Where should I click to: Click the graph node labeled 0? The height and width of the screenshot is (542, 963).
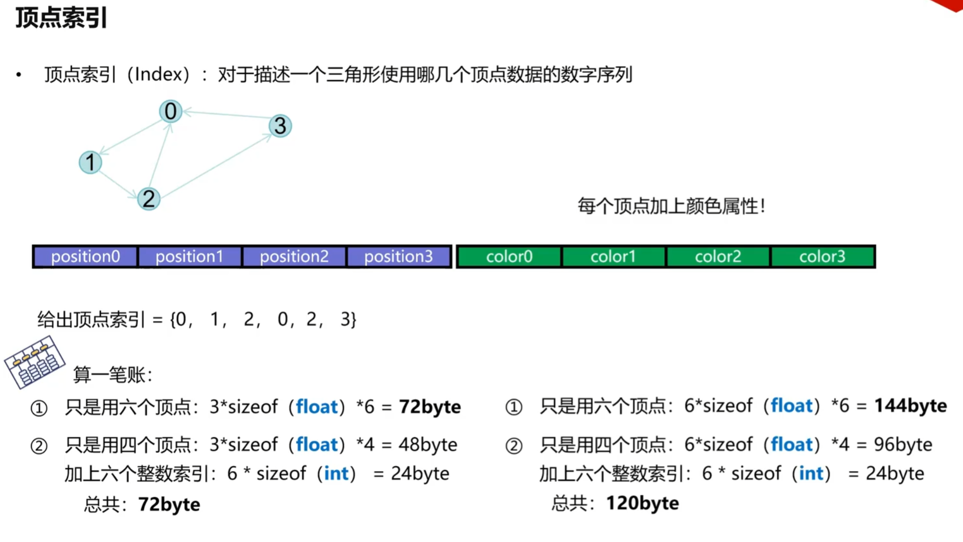[x=171, y=112]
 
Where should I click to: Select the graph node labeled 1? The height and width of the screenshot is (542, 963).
[x=90, y=163]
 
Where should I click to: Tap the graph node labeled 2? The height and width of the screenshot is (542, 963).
[x=149, y=199]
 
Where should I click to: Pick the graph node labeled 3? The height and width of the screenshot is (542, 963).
[x=280, y=126]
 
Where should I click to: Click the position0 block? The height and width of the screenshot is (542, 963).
[x=85, y=257]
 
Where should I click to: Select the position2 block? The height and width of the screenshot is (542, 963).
[x=294, y=257]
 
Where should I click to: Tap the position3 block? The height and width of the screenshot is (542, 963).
[x=399, y=257]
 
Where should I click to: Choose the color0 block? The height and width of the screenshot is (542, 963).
[x=509, y=257]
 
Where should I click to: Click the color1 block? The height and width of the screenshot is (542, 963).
[x=613, y=257]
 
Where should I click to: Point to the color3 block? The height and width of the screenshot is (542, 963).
[x=822, y=257]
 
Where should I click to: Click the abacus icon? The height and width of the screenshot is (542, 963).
[x=34, y=362]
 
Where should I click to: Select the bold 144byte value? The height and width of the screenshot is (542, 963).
[x=910, y=406]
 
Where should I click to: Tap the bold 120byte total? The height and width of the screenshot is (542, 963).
[x=642, y=503]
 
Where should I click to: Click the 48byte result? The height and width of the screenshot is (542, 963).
[x=427, y=445]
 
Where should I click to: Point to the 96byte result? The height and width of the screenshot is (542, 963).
[x=903, y=445]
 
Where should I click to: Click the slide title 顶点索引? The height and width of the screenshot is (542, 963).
[x=61, y=18]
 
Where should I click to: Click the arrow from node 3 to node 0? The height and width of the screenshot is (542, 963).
[x=226, y=114]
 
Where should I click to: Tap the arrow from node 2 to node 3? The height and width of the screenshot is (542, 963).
[x=216, y=166]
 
